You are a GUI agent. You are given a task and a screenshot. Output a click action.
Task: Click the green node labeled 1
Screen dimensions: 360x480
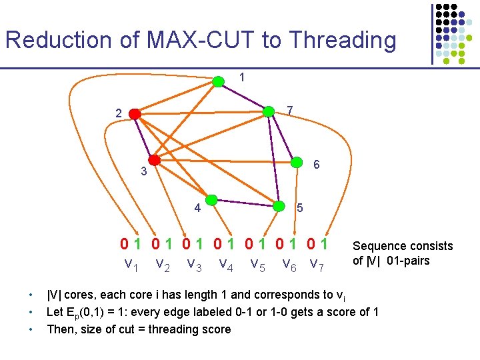218,82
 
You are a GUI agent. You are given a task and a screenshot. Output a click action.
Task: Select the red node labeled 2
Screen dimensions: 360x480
135,115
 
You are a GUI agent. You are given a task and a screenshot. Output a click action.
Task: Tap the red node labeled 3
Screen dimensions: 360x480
155,160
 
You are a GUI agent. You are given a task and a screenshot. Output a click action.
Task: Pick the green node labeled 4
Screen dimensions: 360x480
211,199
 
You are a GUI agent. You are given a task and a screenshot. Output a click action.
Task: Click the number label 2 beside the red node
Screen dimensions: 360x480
118,114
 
